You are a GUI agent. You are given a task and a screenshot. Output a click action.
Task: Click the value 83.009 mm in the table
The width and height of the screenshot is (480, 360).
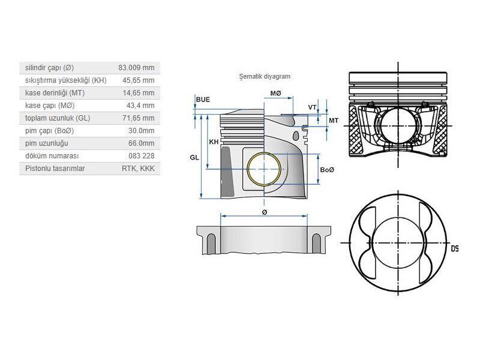tap(136, 68)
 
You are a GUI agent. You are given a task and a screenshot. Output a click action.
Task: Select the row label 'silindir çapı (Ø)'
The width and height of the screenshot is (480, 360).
tap(50, 68)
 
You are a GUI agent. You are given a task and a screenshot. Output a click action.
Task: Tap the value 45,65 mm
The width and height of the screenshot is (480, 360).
tap(139, 80)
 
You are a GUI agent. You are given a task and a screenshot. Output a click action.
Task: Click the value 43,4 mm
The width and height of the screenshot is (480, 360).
tap(140, 106)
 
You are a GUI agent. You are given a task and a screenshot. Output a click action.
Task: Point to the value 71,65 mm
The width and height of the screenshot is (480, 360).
tap(139, 118)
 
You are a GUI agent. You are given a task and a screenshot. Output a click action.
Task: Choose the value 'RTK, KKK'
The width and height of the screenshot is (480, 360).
tap(138, 169)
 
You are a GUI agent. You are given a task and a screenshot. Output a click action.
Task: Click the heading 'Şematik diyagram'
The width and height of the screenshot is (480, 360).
tap(265, 77)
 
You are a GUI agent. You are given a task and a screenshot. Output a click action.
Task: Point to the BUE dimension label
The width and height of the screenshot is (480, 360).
tap(203, 99)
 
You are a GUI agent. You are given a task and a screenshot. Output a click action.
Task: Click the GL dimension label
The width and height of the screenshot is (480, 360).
tap(194, 157)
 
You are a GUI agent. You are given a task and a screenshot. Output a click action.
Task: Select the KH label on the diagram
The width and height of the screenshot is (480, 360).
tap(214, 142)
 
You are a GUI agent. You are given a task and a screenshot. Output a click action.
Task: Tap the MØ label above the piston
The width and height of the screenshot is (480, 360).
tap(275, 94)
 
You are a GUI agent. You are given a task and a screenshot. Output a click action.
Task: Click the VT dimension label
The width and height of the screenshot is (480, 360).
tap(312, 107)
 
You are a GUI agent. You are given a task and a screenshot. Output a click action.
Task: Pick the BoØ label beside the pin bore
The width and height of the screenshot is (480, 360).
tap(327, 170)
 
